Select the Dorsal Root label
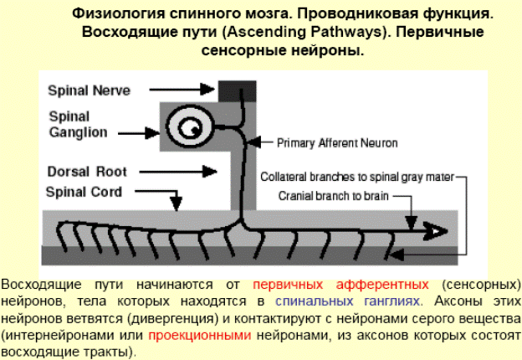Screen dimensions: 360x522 87,172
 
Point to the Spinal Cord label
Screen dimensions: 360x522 84,192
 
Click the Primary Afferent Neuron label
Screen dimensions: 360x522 337,142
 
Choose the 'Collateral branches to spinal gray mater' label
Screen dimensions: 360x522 357,177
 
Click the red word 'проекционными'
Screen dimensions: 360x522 200,335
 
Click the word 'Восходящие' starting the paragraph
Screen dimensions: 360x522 36,284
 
